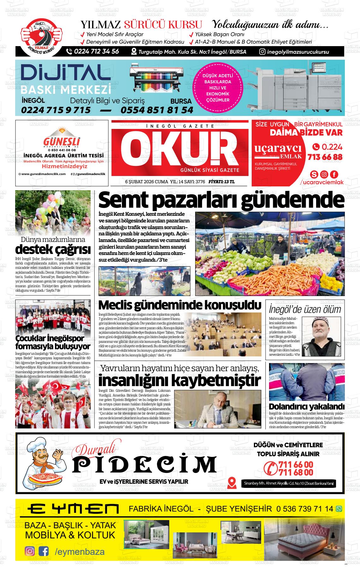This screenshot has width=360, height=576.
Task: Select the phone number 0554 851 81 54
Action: [x=157, y=110]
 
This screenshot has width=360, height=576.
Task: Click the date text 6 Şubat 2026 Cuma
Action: [x=147, y=182]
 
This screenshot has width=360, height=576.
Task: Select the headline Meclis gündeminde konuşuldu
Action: [x=180, y=305]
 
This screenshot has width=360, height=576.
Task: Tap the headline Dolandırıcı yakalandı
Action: [x=306, y=406]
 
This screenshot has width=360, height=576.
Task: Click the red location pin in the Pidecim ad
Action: [x=232, y=482]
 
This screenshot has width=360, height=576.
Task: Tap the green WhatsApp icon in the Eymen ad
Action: [x=339, y=509]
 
